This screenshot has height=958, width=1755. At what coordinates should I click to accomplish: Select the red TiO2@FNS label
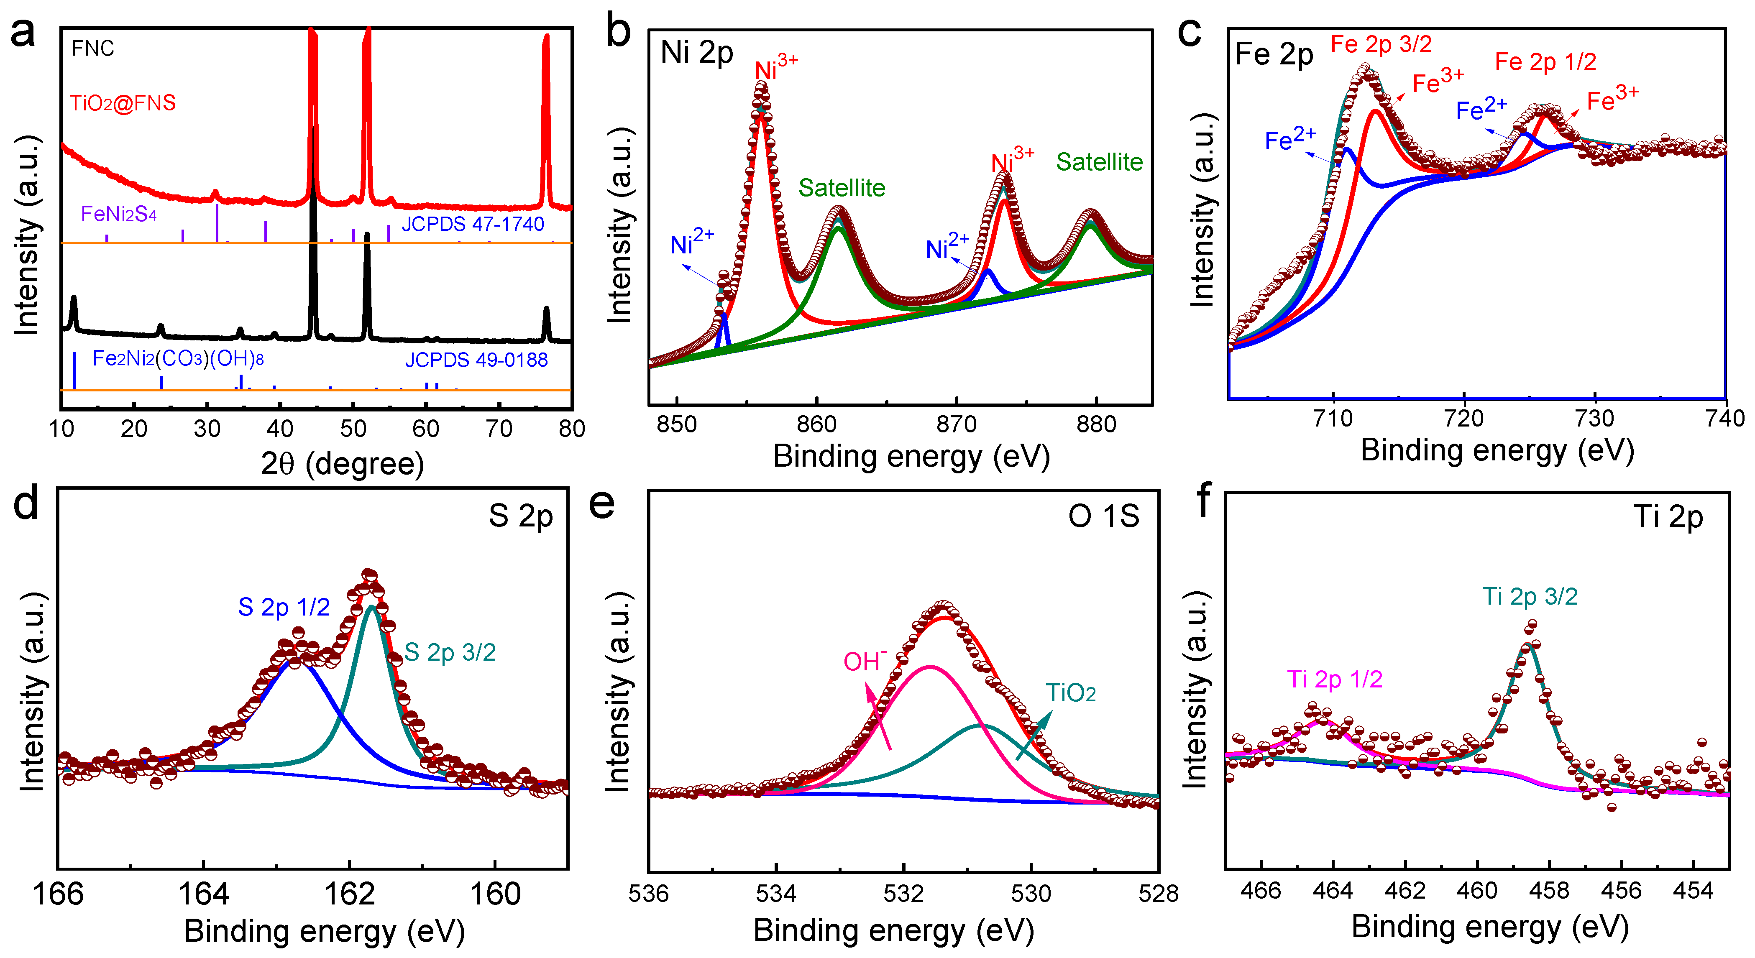point(123,103)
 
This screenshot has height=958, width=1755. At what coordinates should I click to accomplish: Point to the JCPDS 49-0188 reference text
point(476,360)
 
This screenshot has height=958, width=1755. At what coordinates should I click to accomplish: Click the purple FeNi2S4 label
point(118,214)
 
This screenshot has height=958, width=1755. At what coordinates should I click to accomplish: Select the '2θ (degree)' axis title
point(342,464)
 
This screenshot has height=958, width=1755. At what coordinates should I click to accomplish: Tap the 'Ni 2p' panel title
point(696,52)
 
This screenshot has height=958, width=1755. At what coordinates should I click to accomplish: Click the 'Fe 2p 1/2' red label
point(1545,62)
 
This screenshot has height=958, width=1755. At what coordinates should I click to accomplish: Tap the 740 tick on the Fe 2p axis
point(1725,418)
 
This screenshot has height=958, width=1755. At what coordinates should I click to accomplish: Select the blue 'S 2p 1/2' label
point(284,606)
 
